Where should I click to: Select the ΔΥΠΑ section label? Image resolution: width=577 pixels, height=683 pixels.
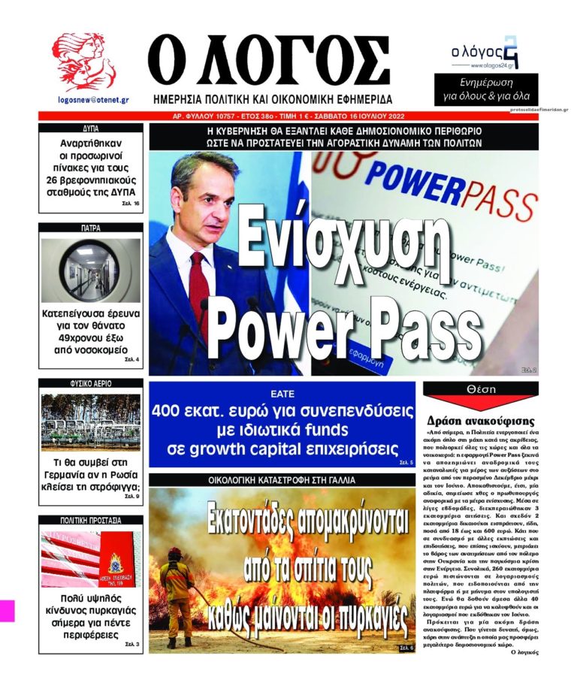90,128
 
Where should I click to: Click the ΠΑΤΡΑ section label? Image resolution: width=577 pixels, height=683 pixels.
90,226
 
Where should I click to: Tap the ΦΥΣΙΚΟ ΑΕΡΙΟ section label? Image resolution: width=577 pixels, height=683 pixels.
90,383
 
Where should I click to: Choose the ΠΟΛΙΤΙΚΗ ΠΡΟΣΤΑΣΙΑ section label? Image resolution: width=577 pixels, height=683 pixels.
90,519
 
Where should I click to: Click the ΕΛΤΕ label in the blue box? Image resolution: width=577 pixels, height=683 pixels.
282,393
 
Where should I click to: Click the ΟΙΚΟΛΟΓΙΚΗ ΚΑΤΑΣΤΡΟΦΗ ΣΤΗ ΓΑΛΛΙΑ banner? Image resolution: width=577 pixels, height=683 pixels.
282,479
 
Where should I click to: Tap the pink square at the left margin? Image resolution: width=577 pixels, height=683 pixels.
7,610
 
